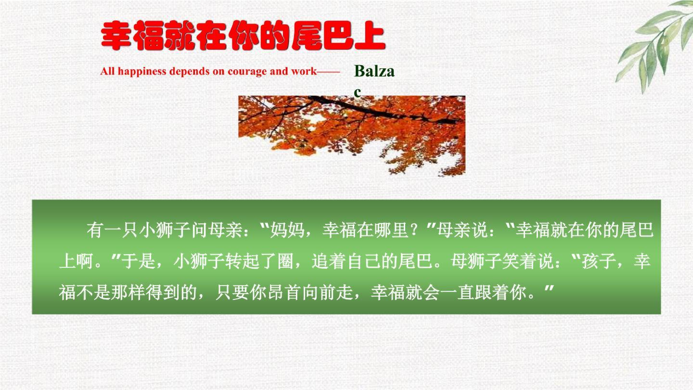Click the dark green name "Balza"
point(374,71)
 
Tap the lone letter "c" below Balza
point(357,92)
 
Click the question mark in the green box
point(420,231)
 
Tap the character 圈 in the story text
point(285,262)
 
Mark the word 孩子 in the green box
point(599,262)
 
